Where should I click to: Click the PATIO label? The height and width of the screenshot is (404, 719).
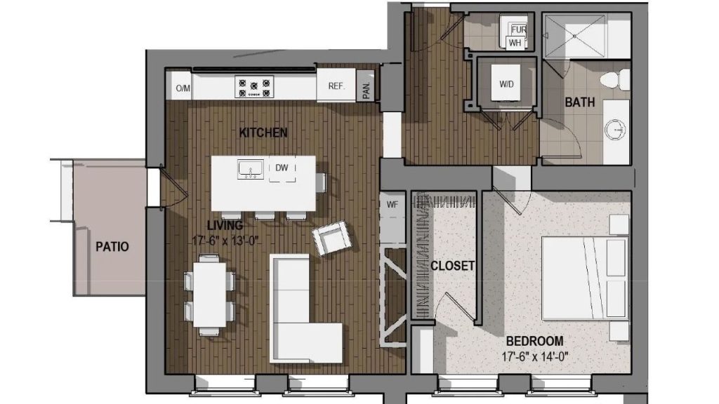(112, 246)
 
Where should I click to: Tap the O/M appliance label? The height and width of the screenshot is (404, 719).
(183, 88)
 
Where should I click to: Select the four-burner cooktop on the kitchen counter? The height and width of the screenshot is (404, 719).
(254, 87)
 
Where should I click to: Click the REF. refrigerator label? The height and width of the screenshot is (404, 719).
(336, 86)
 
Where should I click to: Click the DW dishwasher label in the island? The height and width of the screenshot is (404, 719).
(282, 168)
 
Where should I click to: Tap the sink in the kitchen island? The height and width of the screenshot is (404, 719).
(251, 170)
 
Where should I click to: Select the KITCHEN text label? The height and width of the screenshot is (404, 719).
(263, 133)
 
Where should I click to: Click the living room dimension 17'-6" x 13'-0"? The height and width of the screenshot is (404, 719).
(225, 241)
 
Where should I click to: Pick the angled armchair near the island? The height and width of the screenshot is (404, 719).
(331, 237)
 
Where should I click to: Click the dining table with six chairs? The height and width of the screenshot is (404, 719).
(209, 295)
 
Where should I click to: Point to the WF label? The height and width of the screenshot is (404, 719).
(392, 205)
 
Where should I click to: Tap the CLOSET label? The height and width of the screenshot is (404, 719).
(452, 266)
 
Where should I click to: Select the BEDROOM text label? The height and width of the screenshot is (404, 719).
(534, 341)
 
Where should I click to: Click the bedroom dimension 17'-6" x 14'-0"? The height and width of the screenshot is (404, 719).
(534, 356)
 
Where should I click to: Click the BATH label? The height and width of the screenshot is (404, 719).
(579, 102)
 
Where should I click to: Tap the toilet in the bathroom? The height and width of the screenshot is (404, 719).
(615, 80)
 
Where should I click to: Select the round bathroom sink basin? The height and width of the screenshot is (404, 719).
(615, 130)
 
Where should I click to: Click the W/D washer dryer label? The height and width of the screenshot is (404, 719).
(506, 84)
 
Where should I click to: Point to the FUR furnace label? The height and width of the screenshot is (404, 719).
(519, 29)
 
